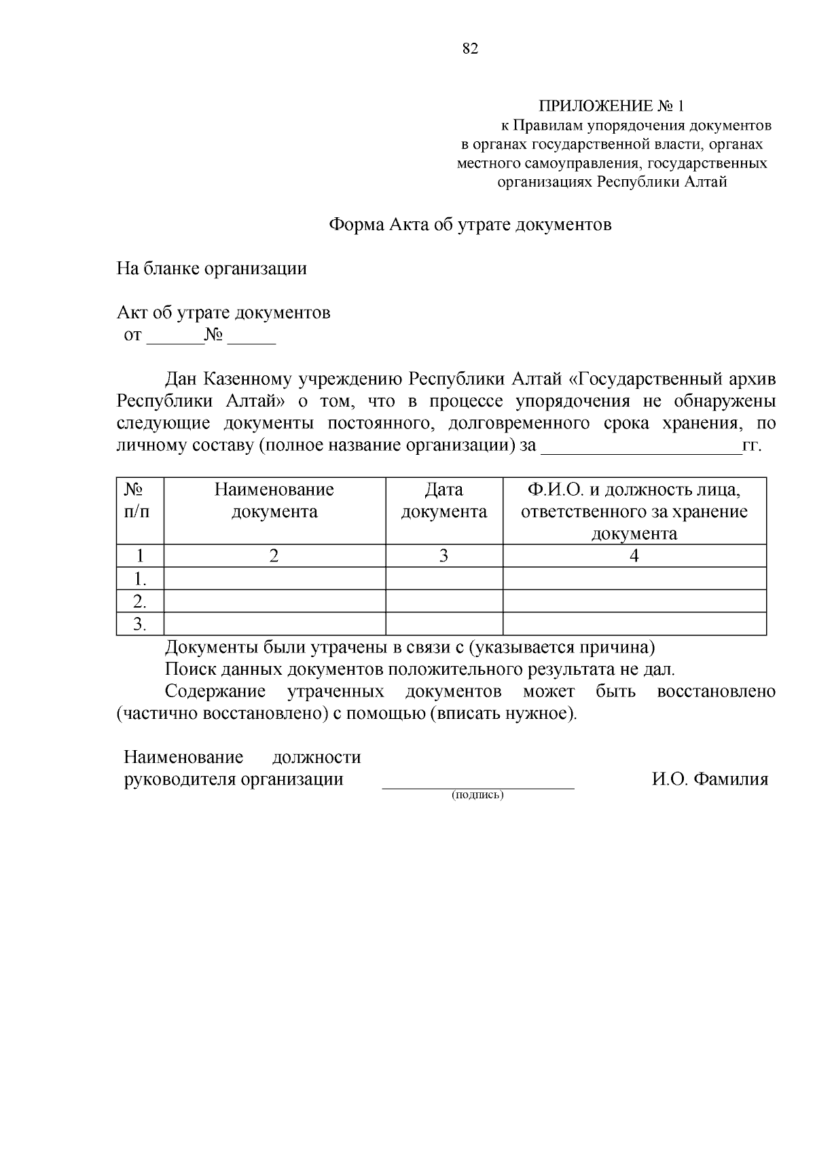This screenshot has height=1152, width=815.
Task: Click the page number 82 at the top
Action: [x=470, y=49]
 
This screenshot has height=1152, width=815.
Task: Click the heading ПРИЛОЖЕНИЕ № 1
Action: [x=612, y=107]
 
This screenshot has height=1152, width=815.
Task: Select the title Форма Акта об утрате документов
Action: [x=470, y=225]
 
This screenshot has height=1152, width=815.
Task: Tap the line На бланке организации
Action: [x=212, y=269]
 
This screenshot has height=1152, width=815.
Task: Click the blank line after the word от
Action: [x=175, y=339]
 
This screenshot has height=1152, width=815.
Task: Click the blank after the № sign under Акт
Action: [x=251, y=339]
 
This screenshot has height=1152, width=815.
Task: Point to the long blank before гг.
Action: [x=639, y=449]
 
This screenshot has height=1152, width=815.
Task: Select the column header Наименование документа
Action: [x=274, y=500]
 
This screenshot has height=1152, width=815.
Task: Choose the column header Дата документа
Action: [x=443, y=500]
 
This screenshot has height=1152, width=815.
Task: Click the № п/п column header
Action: [x=139, y=500]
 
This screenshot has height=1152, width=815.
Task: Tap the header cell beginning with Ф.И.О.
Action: [x=634, y=510]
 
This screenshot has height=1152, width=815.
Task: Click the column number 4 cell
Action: [x=634, y=556]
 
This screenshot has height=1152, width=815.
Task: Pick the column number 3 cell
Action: [x=443, y=556]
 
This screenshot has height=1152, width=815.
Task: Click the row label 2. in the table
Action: [x=139, y=601]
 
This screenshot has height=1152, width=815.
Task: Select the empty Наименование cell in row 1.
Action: [x=274, y=579]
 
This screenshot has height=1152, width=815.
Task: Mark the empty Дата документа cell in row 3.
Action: [x=443, y=624]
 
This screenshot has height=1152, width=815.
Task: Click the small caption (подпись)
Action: [x=477, y=795]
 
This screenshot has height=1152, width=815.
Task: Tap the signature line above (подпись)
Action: [x=477, y=786]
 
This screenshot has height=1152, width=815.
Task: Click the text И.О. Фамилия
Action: [x=710, y=779]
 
